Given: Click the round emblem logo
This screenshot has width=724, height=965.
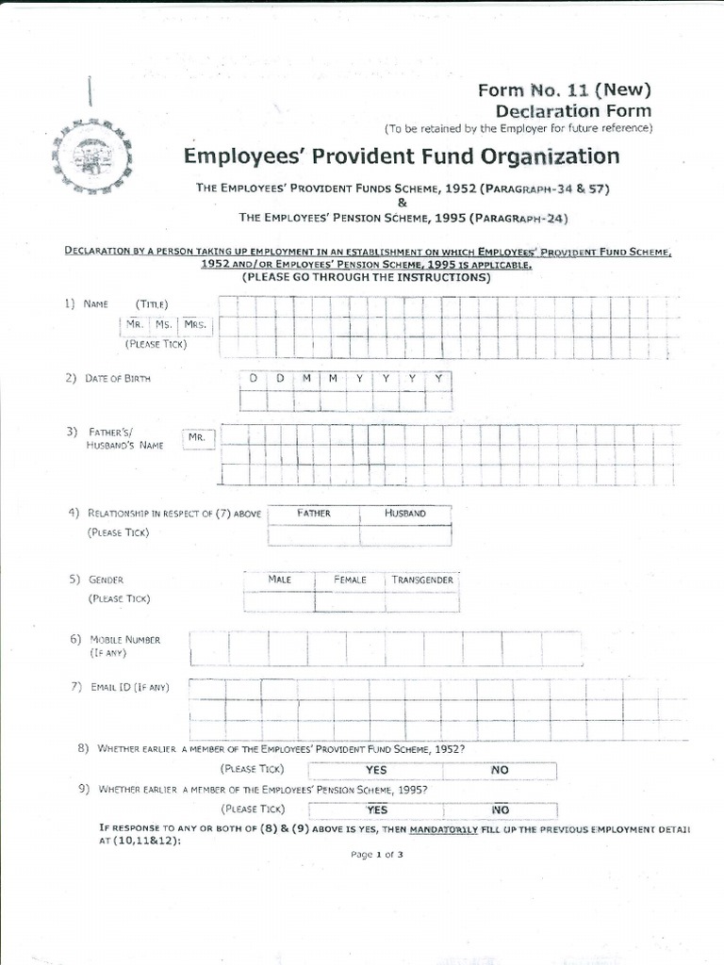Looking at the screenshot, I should coord(91,155).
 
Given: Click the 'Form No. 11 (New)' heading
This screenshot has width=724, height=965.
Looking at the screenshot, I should coord(565,90).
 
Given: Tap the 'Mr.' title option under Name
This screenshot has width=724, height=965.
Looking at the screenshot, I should coord(136,325).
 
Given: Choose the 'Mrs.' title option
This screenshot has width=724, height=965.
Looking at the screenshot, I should coord(195,325).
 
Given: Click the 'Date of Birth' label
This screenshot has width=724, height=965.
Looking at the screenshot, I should coord(117,379).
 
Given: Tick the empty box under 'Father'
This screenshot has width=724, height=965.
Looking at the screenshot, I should coord(313,535).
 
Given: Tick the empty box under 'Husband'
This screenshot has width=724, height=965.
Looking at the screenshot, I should coord(405,535).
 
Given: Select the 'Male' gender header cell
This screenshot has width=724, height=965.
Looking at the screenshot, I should coord(279,580).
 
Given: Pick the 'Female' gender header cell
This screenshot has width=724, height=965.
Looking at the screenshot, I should coord(350,580).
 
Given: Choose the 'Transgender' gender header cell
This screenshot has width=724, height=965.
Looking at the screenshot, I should coord(422,580).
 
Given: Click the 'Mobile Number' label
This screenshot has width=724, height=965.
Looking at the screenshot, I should coord(124,640).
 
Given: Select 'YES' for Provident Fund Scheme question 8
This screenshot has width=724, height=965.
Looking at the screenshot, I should coord(376,770).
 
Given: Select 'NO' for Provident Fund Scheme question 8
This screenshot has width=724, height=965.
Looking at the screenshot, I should coord(500,770).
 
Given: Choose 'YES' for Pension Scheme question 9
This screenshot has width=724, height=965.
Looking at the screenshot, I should coord(376,810).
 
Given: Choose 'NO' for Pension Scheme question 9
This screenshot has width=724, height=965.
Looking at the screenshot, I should coord(500,810).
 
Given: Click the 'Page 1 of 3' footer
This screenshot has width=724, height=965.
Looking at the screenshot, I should coord(376,855).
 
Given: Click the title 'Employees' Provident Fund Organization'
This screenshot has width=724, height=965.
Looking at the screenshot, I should coord(402,156).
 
